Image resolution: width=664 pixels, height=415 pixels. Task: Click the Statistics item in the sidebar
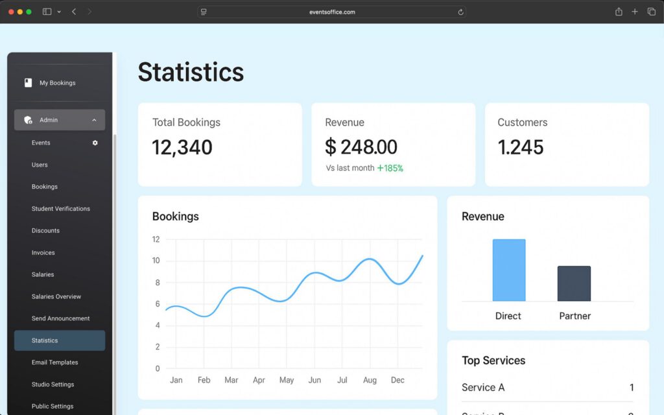[x=45, y=340]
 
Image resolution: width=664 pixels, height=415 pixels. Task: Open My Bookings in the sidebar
[x=57, y=83]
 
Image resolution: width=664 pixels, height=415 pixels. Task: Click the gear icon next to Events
[x=95, y=143]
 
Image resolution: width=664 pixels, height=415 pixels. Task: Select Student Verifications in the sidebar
[x=61, y=209]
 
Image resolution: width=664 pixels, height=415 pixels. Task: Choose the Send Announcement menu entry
[x=61, y=318]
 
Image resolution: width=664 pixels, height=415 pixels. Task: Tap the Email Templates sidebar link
[x=55, y=362]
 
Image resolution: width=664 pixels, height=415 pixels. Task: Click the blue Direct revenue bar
[x=508, y=270]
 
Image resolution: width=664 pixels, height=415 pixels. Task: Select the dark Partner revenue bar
[x=574, y=284]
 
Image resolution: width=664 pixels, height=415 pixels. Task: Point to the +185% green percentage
[x=390, y=169]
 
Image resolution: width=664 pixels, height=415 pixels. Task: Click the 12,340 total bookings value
[x=182, y=147]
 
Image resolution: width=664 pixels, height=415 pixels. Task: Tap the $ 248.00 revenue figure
[x=361, y=147]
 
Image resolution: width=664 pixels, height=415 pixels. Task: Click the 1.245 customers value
[x=521, y=147]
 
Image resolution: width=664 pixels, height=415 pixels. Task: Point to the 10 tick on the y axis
[x=156, y=261]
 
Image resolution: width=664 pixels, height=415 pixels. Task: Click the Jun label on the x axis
[x=314, y=380]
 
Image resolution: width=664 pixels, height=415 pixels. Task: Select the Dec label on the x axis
[x=397, y=380]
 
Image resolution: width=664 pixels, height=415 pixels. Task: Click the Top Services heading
[x=493, y=361]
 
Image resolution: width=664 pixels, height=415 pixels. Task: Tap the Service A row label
[x=483, y=388]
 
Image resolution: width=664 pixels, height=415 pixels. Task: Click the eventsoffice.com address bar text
[x=332, y=12]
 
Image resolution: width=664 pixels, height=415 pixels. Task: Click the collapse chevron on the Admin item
[x=95, y=120]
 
